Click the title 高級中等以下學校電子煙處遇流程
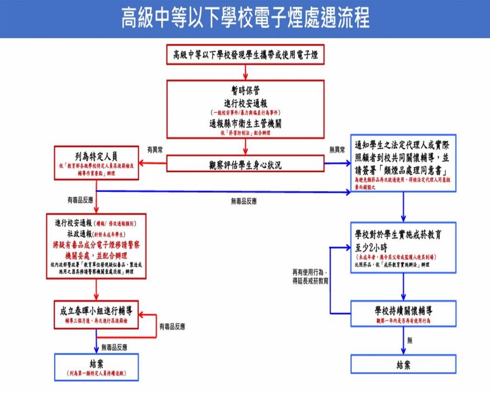245,18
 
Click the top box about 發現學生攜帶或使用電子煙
245,55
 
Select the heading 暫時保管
245,91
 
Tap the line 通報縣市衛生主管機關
245,123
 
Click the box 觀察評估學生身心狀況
245,165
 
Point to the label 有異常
155,150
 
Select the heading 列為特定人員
96,156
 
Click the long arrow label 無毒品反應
244,201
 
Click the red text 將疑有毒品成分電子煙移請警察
96,244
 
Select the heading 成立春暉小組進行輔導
96,311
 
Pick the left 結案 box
96,367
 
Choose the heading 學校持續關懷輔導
403,310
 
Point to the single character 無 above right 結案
410,340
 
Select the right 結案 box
403,364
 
